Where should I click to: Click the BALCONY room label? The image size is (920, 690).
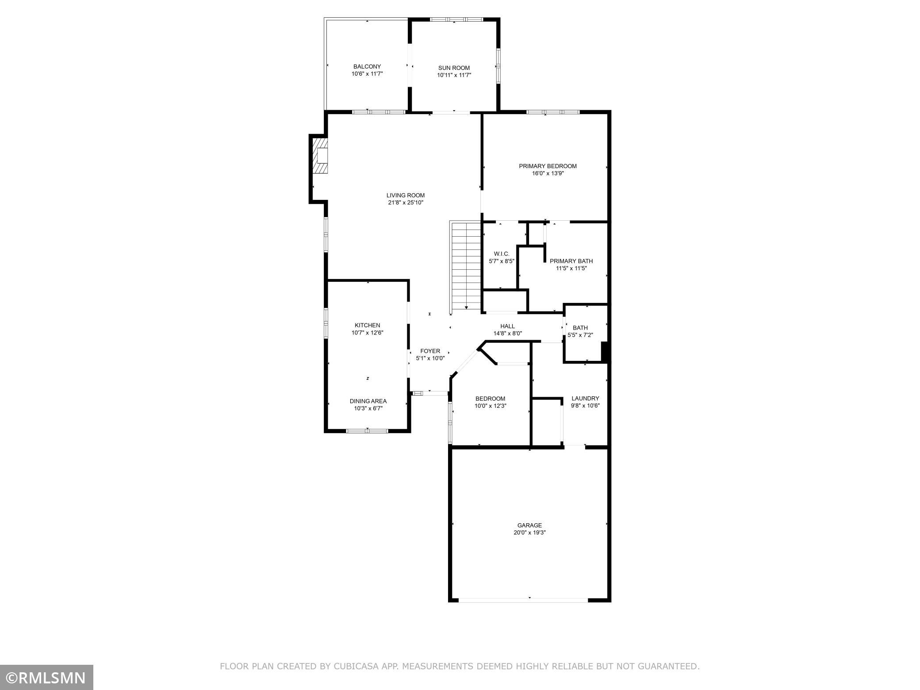(x=367, y=67)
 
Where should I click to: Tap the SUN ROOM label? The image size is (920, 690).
(x=454, y=68)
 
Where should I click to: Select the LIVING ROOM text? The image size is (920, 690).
(x=406, y=195)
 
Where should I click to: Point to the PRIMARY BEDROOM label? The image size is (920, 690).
(x=548, y=166)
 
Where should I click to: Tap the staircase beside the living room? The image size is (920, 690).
(x=465, y=267)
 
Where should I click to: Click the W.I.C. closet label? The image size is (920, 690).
(x=502, y=254)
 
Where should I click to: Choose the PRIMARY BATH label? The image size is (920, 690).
(x=571, y=261)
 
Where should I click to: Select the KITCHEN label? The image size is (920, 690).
(x=367, y=326)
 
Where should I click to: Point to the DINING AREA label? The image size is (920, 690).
(x=368, y=401)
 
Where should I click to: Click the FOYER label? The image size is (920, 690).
(x=430, y=351)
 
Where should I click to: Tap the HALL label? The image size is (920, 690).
(x=507, y=326)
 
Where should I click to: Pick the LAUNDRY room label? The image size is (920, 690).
(x=585, y=399)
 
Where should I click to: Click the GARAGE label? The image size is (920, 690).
(x=529, y=525)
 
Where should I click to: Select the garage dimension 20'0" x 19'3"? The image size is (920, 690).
(x=529, y=533)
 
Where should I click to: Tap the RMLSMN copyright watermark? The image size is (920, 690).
(x=46, y=677)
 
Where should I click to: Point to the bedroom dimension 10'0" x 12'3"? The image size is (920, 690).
(x=490, y=406)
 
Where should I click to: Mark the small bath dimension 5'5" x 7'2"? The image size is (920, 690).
(x=580, y=335)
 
